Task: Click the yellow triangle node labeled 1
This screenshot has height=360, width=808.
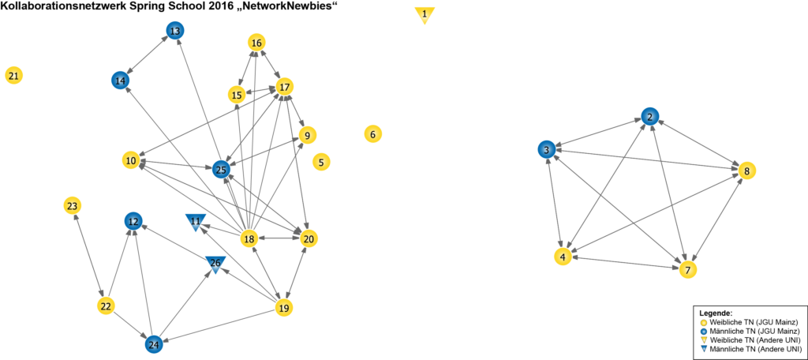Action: coord(425,14)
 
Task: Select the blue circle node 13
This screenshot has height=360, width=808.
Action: coord(174,31)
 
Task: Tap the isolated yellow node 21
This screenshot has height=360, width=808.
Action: coord(13,76)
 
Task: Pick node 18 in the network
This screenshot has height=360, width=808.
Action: coord(249,239)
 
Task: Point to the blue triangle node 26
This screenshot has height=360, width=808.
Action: coord(215,264)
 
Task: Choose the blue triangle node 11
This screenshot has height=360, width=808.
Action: coord(196,221)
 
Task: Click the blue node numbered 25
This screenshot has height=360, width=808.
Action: coord(222,169)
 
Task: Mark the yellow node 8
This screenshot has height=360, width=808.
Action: coord(746,171)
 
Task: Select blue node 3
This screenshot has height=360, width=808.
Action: coord(545,149)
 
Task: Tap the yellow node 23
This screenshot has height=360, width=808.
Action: coord(72,206)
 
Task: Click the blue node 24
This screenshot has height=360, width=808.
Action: coord(153,343)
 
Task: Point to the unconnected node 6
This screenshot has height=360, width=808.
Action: coord(372,134)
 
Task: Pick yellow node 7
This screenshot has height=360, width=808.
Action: coord(688,269)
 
